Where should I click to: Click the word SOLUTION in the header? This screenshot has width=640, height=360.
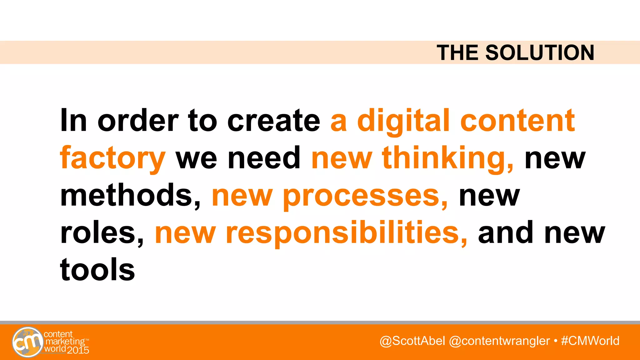[x=540, y=52]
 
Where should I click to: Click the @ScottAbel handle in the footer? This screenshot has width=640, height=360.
[x=412, y=341]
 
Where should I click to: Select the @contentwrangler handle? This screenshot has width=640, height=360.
[x=499, y=341]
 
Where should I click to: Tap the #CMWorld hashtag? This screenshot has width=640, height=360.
[x=590, y=341]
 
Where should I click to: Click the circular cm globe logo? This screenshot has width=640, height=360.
[x=28, y=342]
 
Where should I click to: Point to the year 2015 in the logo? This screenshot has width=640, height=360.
[x=78, y=350]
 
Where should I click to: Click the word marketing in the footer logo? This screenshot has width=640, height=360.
[x=65, y=341]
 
